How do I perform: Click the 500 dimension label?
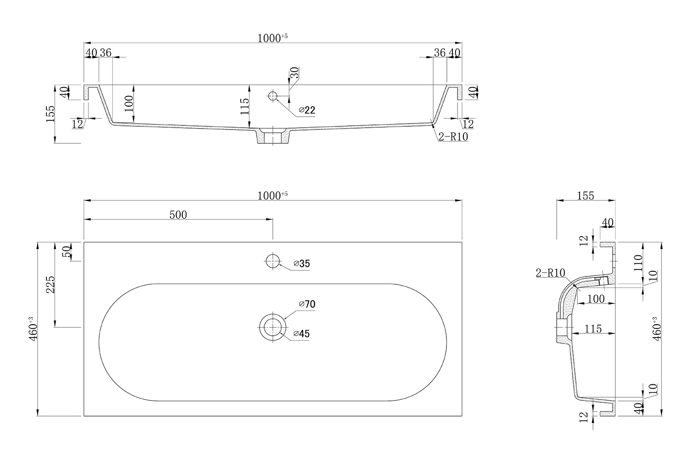(178, 215)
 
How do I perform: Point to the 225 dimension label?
(51, 285)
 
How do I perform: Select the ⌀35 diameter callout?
(301, 264)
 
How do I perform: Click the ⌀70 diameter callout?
(307, 304)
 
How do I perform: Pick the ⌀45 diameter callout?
(301, 334)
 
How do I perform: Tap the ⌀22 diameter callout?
(307, 110)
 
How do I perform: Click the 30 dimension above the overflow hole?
(295, 73)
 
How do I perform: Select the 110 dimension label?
(638, 263)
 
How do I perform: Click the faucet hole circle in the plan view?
(272, 261)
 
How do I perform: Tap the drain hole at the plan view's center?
(272, 327)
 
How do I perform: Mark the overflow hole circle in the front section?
(272, 96)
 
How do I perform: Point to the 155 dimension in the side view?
(585, 196)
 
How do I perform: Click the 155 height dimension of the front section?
(51, 114)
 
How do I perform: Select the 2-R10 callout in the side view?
(551, 273)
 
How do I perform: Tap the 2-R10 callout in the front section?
(453, 136)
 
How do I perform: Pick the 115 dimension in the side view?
(593, 329)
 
